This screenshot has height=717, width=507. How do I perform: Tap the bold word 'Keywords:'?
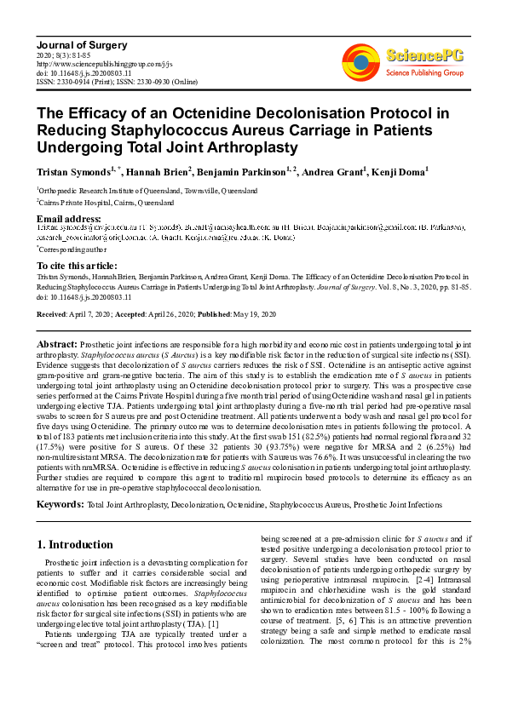click(60, 505)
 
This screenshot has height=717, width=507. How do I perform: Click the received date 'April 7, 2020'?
click(95, 314)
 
